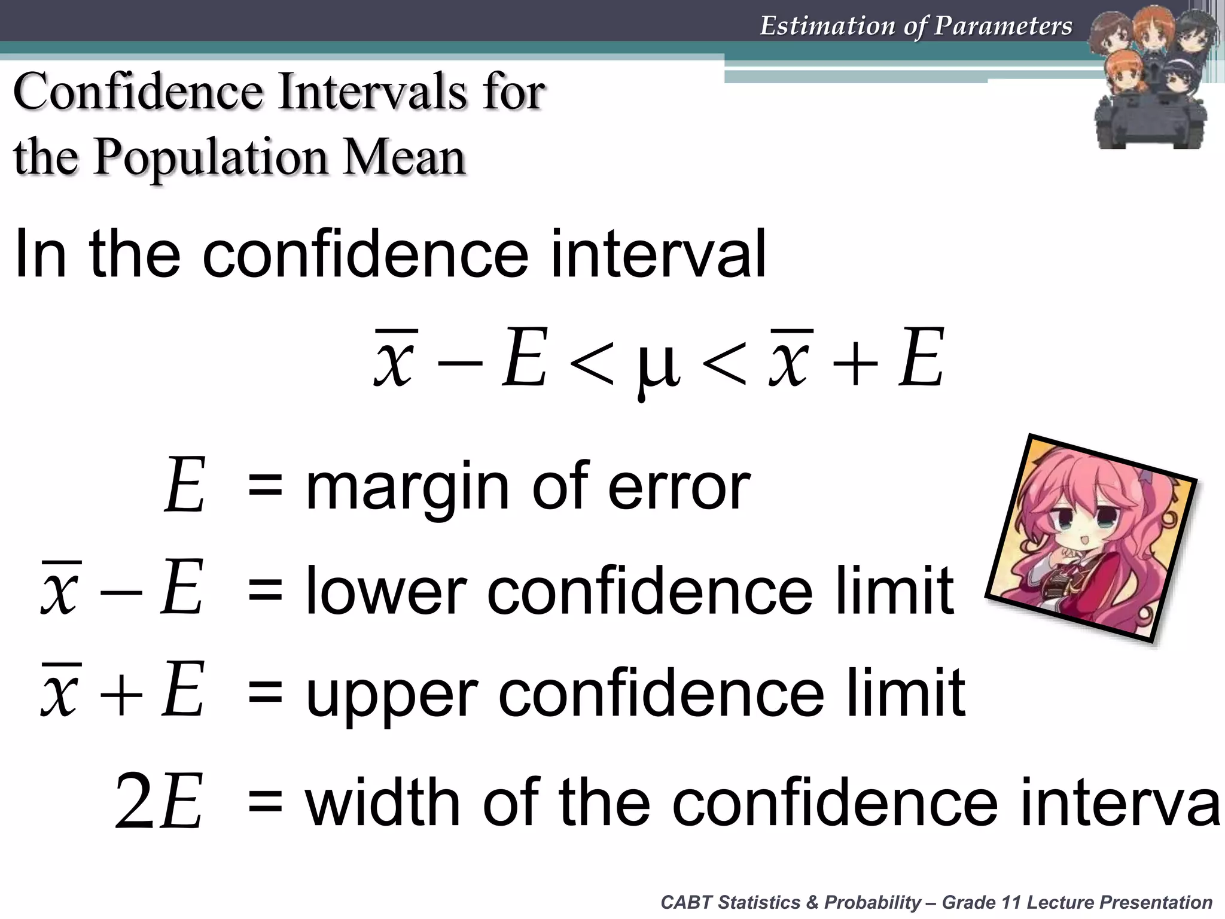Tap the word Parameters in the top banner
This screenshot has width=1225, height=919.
tap(1003, 26)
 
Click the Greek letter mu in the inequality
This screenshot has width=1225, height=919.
tap(659, 365)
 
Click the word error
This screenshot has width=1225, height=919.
tap(678, 487)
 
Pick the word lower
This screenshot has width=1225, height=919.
tap(386, 591)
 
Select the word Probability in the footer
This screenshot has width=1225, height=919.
tap(873, 902)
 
